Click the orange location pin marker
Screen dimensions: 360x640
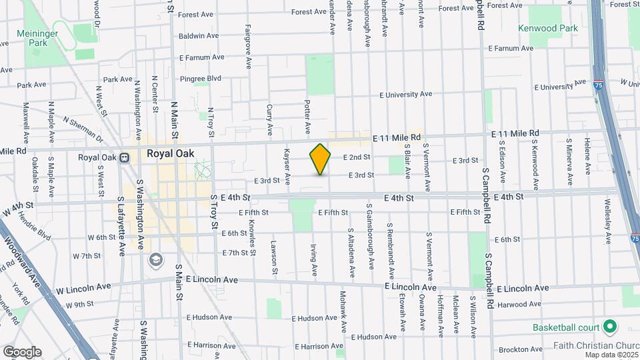320,159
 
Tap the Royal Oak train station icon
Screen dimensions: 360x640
123,158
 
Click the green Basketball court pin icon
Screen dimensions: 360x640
609,327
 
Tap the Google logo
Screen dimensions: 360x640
22,351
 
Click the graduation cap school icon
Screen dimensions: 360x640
156,259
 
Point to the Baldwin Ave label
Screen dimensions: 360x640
199,35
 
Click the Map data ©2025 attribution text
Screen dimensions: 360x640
611,355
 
